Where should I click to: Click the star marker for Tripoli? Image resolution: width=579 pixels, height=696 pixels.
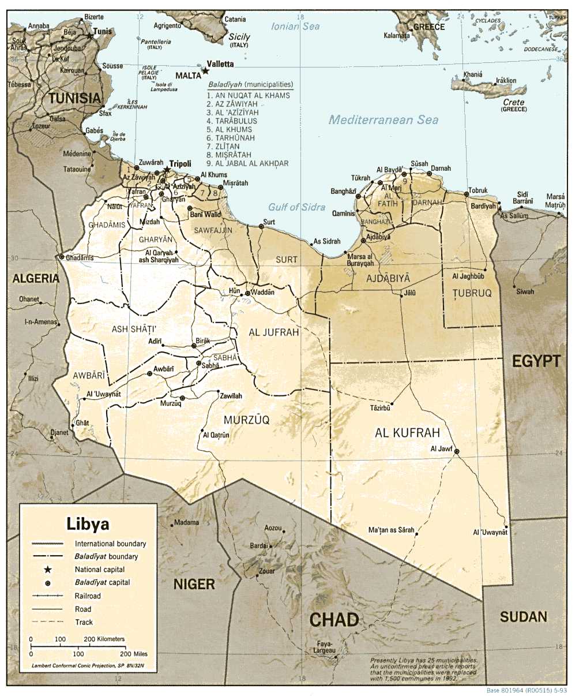pos(167,170)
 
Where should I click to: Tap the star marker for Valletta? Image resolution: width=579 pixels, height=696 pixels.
pos(205,72)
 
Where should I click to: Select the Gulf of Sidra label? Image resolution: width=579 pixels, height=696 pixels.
pos(296,207)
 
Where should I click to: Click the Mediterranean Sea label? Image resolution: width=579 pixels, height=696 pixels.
pos(384,120)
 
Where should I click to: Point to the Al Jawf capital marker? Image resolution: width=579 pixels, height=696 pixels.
pos(456,452)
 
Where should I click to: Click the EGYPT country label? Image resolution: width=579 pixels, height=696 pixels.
pos(536,361)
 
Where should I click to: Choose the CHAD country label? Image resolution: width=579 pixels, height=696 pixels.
pos(334,620)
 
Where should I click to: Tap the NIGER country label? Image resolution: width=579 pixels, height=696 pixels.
pos(194,584)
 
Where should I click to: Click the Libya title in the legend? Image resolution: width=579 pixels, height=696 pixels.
pos(88,524)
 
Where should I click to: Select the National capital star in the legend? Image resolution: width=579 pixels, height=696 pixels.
pos(48,570)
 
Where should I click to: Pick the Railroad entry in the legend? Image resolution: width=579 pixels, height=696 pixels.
pos(87,596)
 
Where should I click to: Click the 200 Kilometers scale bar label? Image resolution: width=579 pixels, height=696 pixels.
pos(104,639)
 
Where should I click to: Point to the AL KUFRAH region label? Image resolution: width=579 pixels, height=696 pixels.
pos(407,433)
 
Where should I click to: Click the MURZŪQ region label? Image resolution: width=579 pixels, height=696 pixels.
pos(246,420)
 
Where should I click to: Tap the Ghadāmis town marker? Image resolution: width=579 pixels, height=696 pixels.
pos(62,257)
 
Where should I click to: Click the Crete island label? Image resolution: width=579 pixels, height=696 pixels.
pos(513,103)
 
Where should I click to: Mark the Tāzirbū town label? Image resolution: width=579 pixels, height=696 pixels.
pos(380,408)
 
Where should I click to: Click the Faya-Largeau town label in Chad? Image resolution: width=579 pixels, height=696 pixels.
pos(325,648)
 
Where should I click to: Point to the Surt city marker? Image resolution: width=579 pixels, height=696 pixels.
pos(261,227)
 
